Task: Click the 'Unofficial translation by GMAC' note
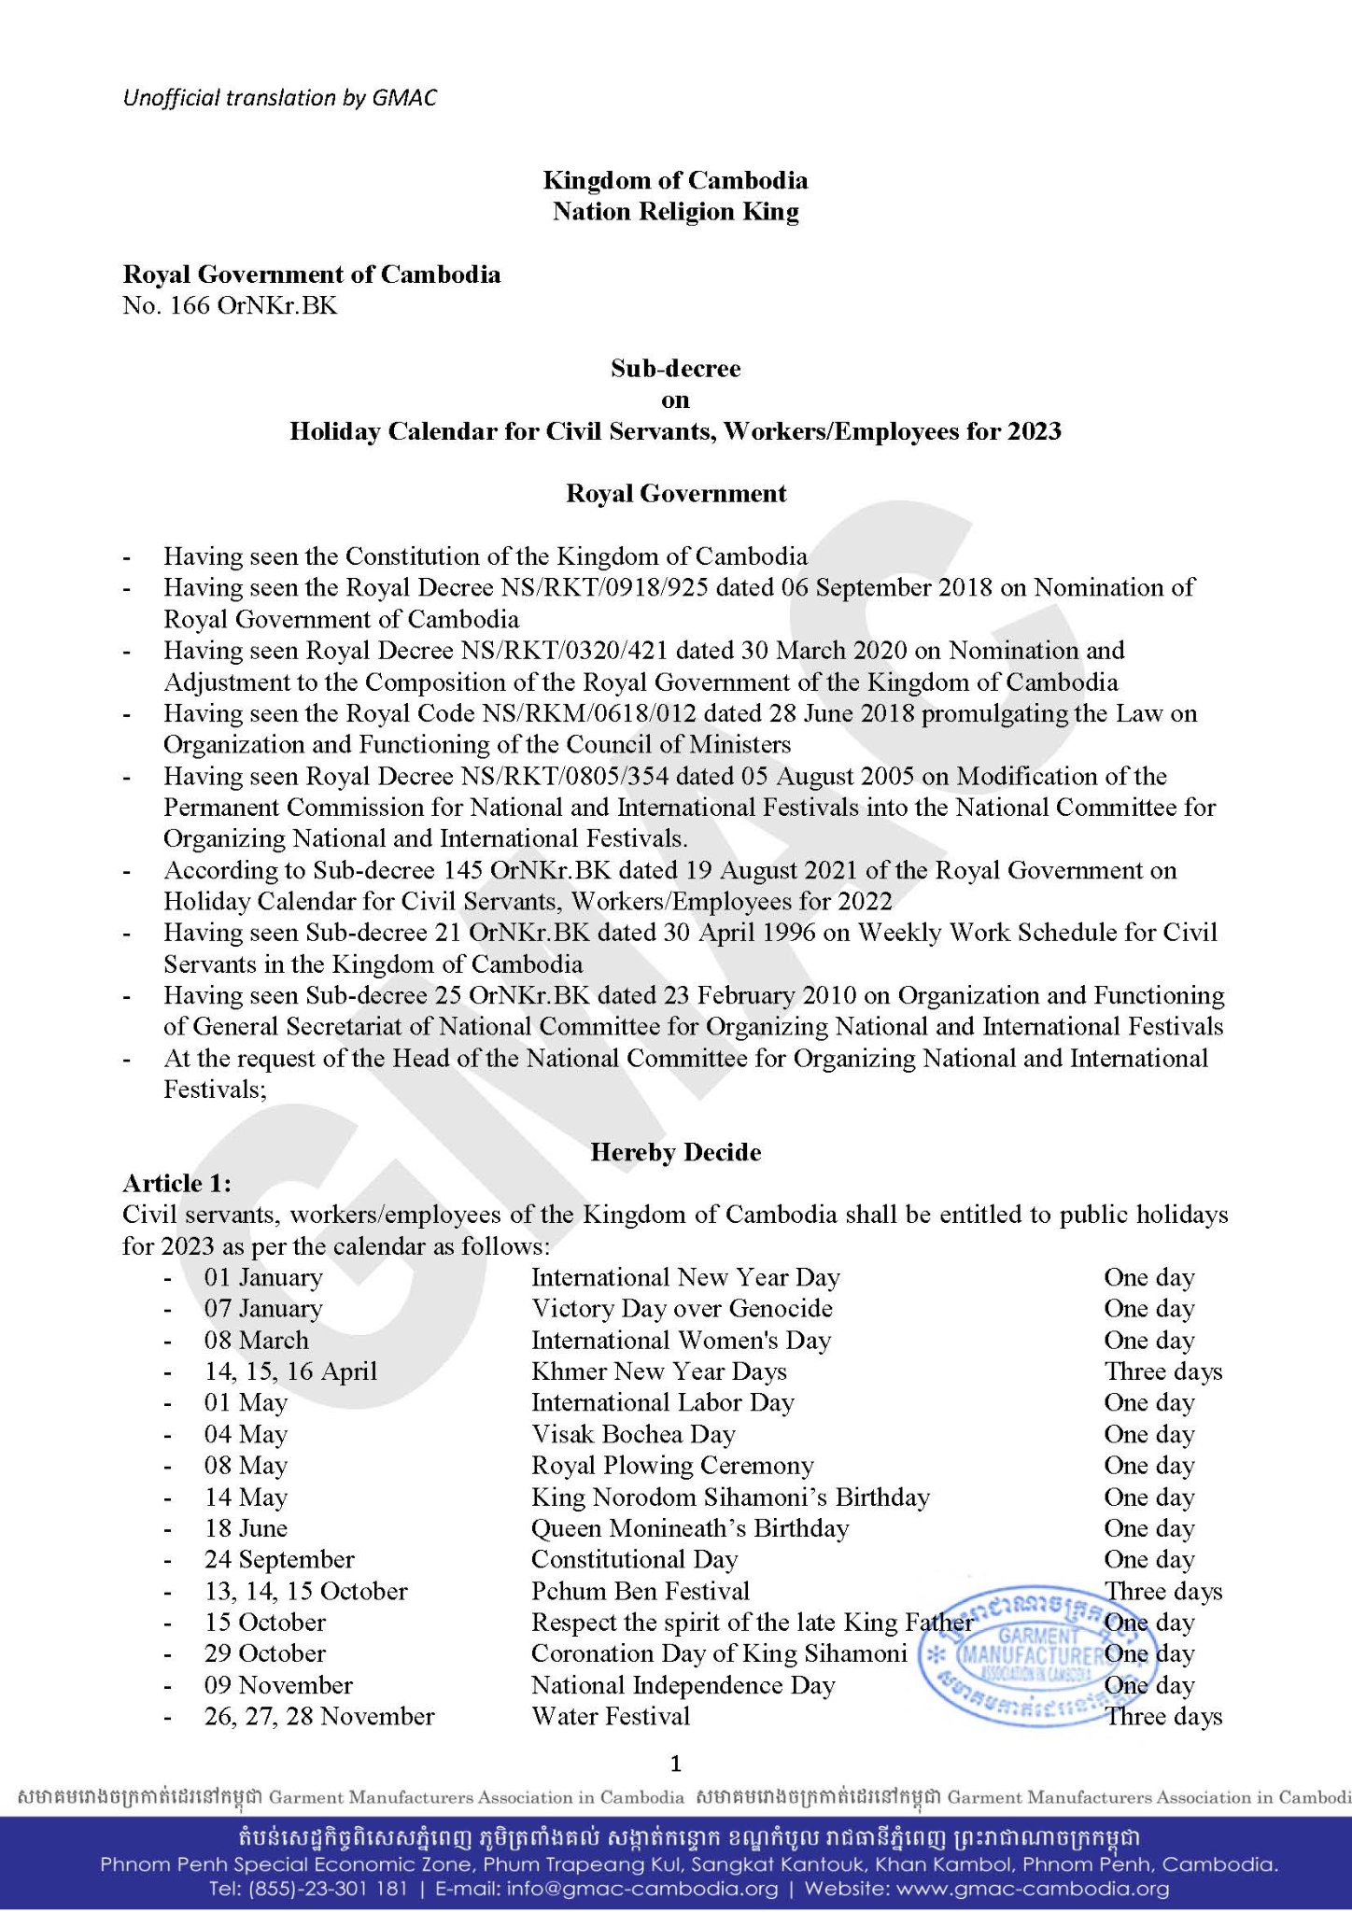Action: coord(279,98)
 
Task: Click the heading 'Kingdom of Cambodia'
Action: coord(675,180)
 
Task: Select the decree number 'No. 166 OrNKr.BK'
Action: coord(230,305)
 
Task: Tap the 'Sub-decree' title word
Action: coord(675,369)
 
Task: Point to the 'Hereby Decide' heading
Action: coord(675,1152)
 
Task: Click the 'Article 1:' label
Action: coord(177,1184)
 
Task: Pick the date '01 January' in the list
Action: coord(263,1277)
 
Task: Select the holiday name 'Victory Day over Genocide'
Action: coord(682,1309)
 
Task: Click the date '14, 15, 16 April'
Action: coord(290,1371)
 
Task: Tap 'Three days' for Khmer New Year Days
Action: coord(1163,1371)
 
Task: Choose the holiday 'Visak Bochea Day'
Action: coord(633,1434)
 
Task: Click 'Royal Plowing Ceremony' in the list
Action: coord(672,1466)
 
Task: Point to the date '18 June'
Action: coord(246,1528)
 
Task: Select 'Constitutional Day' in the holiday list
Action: coord(634,1560)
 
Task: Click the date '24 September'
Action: coord(279,1560)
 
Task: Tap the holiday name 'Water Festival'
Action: coord(611,1716)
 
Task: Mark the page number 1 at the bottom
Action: coord(676,1764)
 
